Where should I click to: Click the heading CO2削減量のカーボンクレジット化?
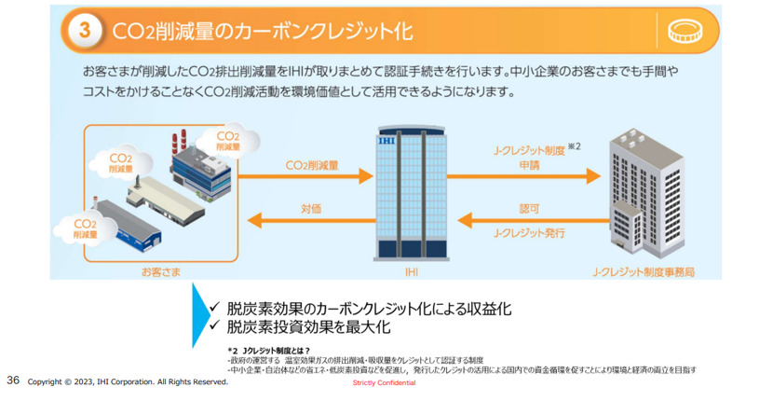click(x=262, y=31)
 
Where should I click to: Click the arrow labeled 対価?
click(x=310, y=220)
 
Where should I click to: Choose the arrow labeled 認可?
click(x=526, y=220)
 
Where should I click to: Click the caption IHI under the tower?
click(x=411, y=271)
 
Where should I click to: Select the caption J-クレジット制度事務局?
click(x=644, y=271)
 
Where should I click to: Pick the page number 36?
click(x=13, y=380)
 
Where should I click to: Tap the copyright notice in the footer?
click(x=128, y=381)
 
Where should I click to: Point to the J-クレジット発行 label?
click(x=528, y=233)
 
